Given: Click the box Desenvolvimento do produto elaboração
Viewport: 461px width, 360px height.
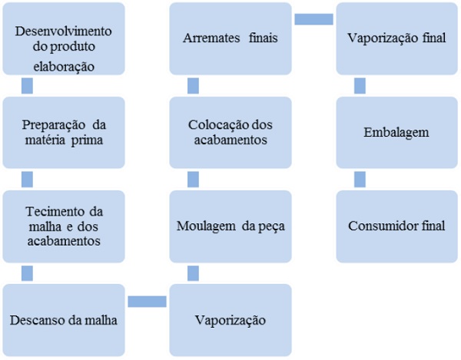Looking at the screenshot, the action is tap(63, 38).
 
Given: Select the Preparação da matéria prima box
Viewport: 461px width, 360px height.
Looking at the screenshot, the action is tap(63, 132).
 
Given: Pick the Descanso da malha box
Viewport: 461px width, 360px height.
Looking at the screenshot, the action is tap(63, 319).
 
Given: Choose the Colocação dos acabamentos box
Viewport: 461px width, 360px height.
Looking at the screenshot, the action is tap(230, 132).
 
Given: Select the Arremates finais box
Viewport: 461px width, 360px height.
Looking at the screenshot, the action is tap(230, 38).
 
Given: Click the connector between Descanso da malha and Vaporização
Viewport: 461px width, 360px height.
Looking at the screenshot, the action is tap(147, 301).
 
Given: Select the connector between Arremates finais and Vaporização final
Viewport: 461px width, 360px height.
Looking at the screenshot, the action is tap(313, 19).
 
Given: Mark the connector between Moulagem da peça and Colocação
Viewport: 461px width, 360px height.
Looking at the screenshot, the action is tap(193, 179).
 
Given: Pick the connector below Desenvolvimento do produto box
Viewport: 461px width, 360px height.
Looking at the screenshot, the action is tap(27, 85).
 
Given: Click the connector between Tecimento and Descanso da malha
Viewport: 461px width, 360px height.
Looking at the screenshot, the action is tap(27, 272).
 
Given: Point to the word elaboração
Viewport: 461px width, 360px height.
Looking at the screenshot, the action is tap(64, 66).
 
